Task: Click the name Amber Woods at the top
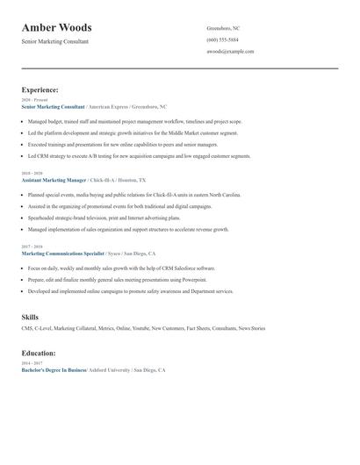click(56, 28)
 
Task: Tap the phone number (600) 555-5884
click(222, 40)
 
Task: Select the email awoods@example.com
click(230, 52)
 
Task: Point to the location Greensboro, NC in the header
click(223, 29)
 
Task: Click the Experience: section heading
click(40, 89)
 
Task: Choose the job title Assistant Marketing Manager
click(53, 179)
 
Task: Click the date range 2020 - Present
click(32, 100)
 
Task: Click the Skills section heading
click(30, 315)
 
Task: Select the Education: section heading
click(39, 353)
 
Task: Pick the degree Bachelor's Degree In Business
click(54, 370)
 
